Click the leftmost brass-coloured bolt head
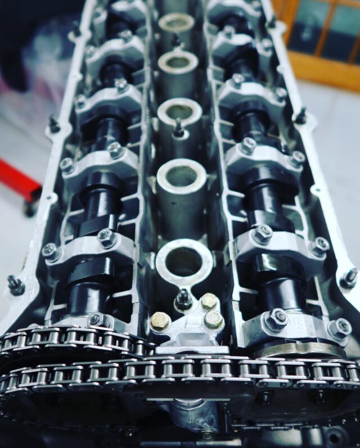(160, 322)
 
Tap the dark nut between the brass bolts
(183, 298)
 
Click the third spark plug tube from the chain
(179, 111)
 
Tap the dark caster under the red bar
(29, 208)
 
